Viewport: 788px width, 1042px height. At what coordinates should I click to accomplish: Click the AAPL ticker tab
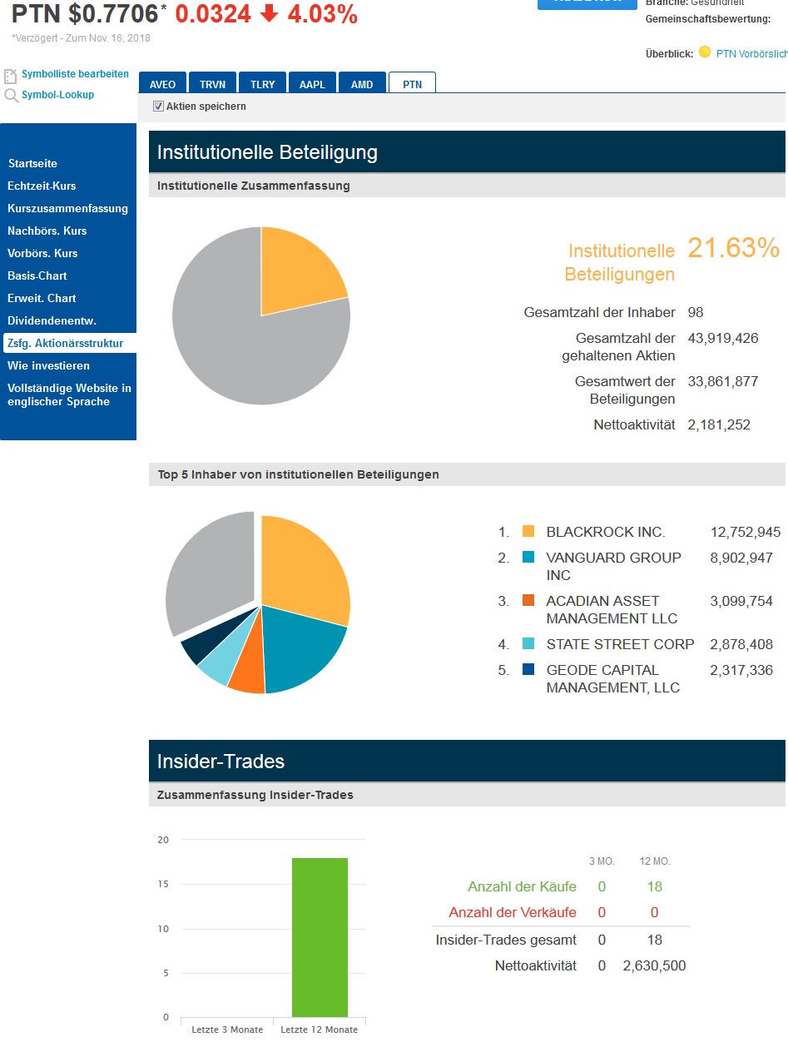point(313,84)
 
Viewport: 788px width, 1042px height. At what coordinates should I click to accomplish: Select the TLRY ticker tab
point(262,84)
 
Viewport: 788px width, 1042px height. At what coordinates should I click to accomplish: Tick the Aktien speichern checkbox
point(158,107)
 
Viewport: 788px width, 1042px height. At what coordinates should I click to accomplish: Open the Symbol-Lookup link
point(57,95)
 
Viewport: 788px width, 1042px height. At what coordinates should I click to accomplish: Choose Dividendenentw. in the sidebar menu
point(52,320)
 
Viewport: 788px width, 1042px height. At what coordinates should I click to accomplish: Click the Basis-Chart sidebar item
point(37,275)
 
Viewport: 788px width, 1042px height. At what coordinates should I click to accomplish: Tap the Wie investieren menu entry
point(48,365)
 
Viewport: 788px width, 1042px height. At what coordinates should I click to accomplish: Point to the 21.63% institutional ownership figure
point(733,248)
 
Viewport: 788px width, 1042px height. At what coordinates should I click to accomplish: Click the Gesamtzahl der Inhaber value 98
point(696,312)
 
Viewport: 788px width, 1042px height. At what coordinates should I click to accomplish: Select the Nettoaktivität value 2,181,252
point(718,424)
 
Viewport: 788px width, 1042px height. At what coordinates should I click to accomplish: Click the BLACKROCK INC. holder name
point(606,532)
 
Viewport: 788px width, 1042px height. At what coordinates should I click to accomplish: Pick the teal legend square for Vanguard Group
point(528,558)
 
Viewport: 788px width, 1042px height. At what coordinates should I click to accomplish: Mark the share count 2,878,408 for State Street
point(741,644)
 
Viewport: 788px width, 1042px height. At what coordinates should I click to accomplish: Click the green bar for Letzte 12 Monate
point(320,937)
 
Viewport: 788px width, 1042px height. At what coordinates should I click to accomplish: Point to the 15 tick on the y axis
point(163,885)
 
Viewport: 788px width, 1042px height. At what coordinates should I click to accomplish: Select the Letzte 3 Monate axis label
point(227,1030)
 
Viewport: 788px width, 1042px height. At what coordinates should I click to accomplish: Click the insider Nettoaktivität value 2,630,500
point(654,965)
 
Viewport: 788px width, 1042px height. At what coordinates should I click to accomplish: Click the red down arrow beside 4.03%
point(268,14)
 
